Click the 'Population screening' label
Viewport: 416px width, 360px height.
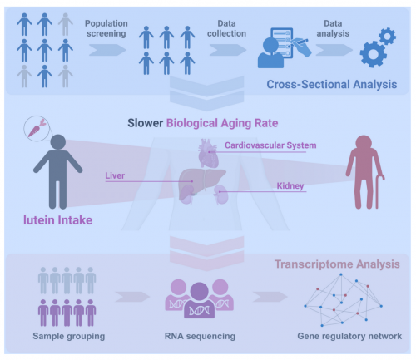coord(106,28)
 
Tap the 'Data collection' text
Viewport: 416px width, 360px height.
coord(226,28)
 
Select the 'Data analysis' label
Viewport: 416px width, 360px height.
coord(333,28)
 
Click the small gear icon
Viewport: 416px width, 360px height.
coord(387,36)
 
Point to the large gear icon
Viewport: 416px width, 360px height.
coord(373,55)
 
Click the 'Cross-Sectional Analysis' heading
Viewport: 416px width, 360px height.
coord(332,84)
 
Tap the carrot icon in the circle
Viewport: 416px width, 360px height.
coord(36,129)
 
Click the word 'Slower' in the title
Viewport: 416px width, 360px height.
coord(145,123)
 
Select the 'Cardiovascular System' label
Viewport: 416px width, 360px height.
coord(270,145)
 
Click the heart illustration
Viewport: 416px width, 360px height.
coord(208,153)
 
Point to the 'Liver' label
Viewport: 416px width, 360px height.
coord(115,175)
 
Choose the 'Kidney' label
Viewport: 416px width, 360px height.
coord(290,185)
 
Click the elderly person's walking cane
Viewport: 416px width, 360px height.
coord(379,191)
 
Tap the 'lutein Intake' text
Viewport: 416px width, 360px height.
coord(57,220)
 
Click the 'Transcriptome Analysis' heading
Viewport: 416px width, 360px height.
coord(337,264)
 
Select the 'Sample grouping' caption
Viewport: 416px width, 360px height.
coord(69,336)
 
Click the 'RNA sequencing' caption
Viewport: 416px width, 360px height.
coord(200,336)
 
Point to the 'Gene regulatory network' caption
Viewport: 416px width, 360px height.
coord(349,336)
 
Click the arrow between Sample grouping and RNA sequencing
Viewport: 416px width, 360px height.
coord(132,297)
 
